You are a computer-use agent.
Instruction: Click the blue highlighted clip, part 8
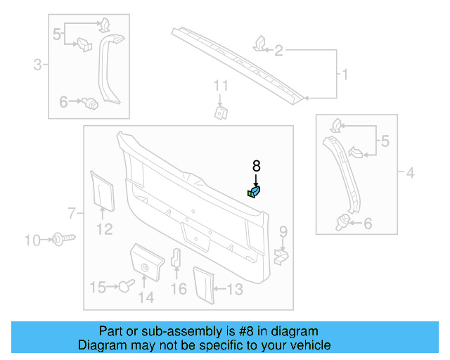pos(255,191)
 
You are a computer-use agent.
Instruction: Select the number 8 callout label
pos(256,167)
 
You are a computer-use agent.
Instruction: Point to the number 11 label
pos(221,86)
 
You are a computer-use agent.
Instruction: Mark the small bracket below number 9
pos(281,255)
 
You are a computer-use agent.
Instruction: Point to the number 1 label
pos(345,74)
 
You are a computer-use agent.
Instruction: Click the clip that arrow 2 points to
pos(259,44)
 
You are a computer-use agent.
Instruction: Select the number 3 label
pos(37,65)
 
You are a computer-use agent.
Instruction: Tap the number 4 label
pos(411,171)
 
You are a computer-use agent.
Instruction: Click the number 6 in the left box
pos(63,102)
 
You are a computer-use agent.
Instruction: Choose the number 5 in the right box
pos(384,142)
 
